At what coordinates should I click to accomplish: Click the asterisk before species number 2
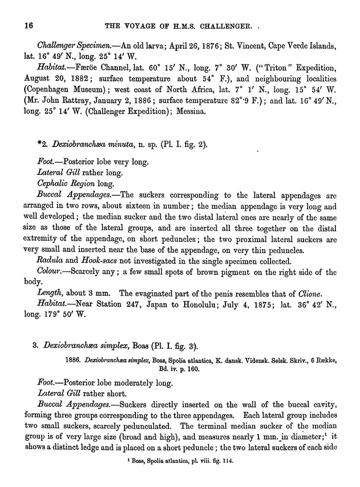click(x=51, y=145)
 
